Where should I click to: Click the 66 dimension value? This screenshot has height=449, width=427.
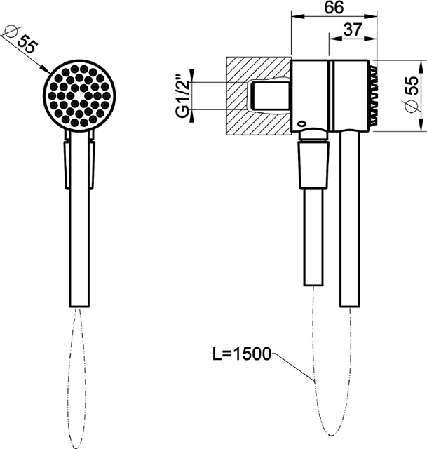tap(334, 7)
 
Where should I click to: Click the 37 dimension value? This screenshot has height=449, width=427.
tap(353, 29)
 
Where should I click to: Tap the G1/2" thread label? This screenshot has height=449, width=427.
tap(183, 96)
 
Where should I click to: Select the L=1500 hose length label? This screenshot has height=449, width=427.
tap(242, 354)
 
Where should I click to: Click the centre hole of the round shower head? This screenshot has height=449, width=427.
tap(79, 96)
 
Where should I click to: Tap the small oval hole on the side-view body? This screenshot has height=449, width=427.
tap(301, 123)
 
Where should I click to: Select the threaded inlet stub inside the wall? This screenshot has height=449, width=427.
tap(271, 96)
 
